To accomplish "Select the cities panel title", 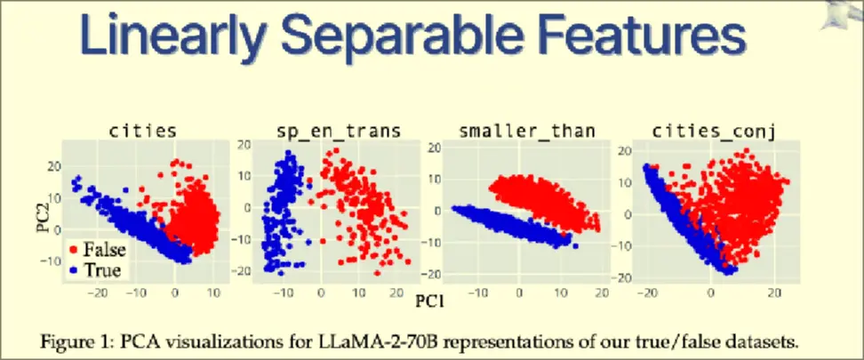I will (142, 132).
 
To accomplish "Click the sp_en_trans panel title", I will (333, 132).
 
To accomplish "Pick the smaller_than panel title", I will (526, 132).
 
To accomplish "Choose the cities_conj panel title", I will (715, 132).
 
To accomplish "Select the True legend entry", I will (101, 268).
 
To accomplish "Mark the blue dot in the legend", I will (75, 268).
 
